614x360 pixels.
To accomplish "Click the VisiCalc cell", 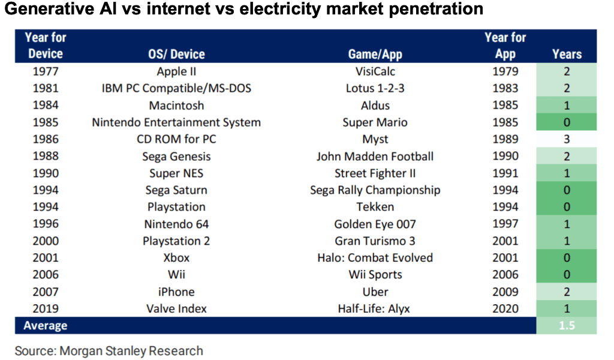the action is [x=375, y=71].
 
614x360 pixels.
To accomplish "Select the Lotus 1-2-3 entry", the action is [x=375, y=88].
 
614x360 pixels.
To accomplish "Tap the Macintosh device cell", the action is [x=176, y=106].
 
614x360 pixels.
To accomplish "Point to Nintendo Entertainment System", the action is [x=176, y=122].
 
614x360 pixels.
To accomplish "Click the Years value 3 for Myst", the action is [x=567, y=139].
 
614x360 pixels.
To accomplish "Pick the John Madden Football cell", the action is [x=375, y=157].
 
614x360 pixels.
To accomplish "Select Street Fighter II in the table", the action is [x=375, y=173].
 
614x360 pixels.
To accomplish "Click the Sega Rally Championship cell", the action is [x=375, y=190].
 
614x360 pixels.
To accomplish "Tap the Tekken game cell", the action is [x=375, y=207].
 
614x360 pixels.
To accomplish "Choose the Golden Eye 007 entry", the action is [x=375, y=224].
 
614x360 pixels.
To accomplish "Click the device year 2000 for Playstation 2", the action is [x=46, y=241].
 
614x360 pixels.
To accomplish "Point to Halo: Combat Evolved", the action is [x=375, y=258].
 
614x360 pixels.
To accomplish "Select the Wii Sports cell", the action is [x=375, y=275].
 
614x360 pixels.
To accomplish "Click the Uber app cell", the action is [x=375, y=292].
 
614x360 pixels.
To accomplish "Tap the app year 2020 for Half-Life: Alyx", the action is [x=505, y=308].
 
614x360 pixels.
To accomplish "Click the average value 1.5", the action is [x=567, y=326].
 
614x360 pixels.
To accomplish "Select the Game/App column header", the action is [x=375, y=55].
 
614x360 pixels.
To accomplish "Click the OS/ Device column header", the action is [x=176, y=54].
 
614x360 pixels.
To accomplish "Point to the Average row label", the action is [x=46, y=326].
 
